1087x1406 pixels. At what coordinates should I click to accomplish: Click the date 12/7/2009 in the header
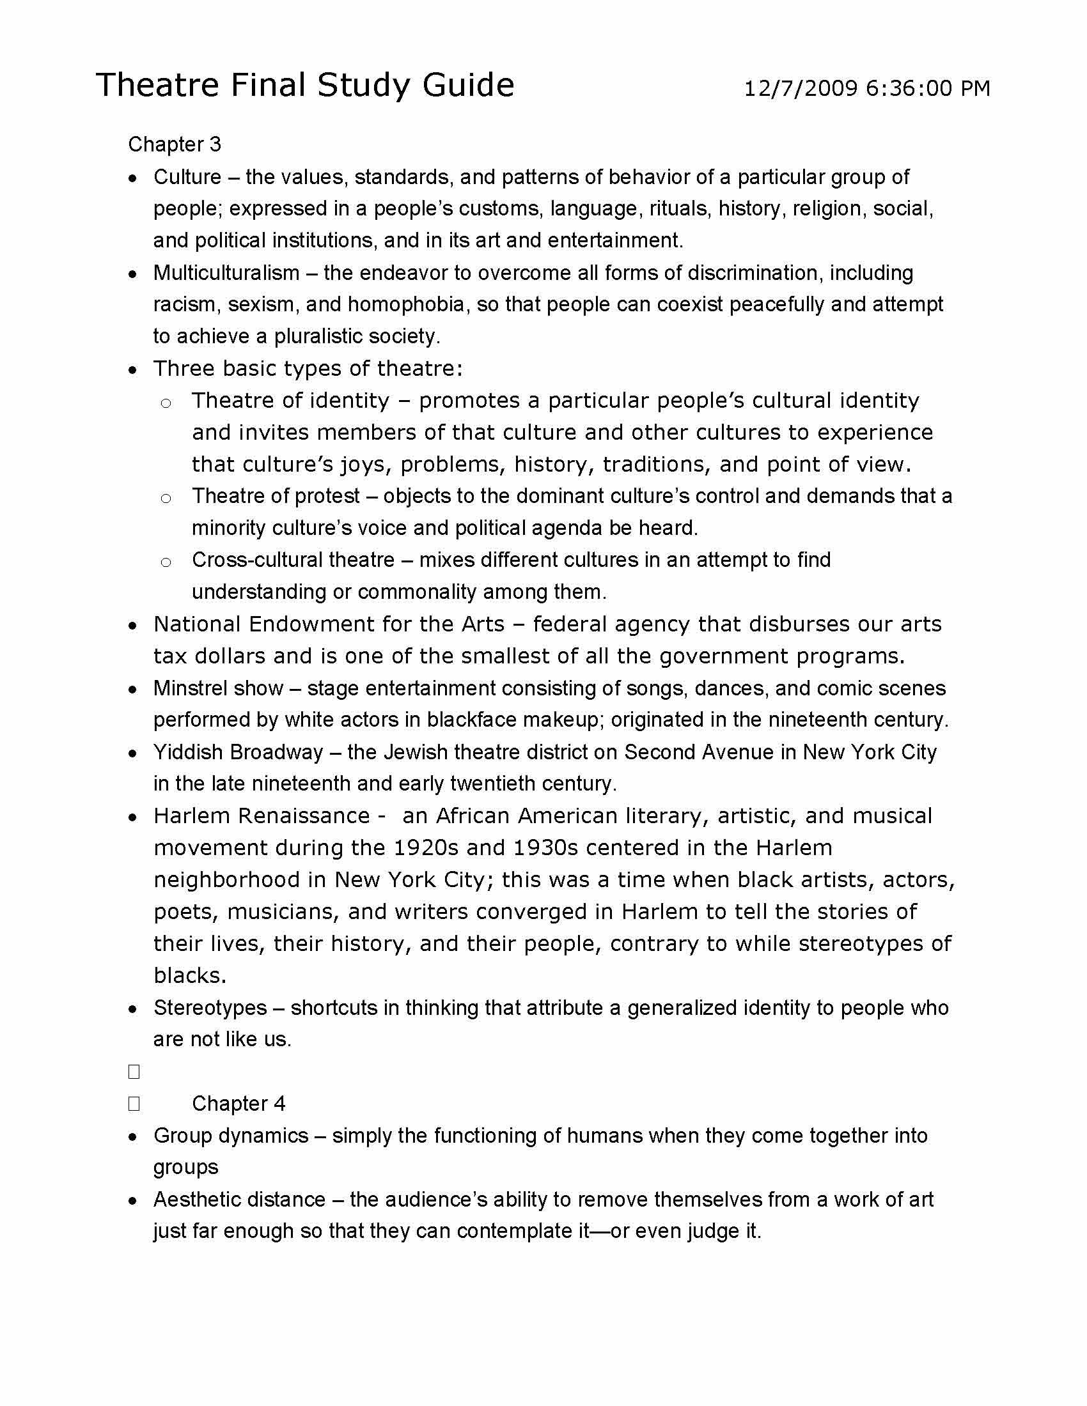coord(801,88)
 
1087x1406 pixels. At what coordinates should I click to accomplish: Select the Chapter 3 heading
coord(175,144)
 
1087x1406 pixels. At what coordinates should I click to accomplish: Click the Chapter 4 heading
coord(239,1104)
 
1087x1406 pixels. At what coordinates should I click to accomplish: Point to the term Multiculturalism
coord(226,273)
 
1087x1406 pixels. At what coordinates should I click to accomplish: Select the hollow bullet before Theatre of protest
coord(166,498)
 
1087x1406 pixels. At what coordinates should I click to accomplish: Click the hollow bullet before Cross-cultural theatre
coord(166,562)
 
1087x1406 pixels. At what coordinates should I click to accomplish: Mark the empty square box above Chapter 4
coord(134,1072)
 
